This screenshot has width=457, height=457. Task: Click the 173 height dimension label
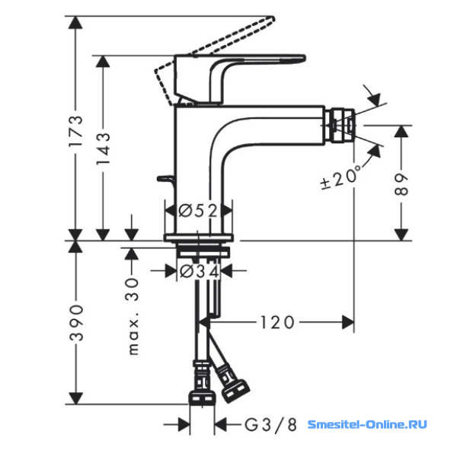pyautogui.click(x=76, y=131)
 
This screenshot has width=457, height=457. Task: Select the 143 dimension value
pyautogui.click(x=103, y=149)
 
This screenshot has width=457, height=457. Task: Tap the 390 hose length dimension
pyautogui.click(x=76, y=323)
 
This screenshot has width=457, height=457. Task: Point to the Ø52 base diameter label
pyautogui.click(x=198, y=210)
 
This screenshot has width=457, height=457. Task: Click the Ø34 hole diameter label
pyautogui.click(x=200, y=272)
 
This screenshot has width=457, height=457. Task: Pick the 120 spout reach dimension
pyautogui.click(x=277, y=323)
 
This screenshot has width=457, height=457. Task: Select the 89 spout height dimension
pyautogui.click(x=401, y=184)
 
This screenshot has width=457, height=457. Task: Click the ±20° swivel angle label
pyautogui.click(x=340, y=177)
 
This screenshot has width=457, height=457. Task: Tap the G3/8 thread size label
pyautogui.click(x=270, y=425)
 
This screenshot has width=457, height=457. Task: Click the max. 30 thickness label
pyautogui.click(x=133, y=316)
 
